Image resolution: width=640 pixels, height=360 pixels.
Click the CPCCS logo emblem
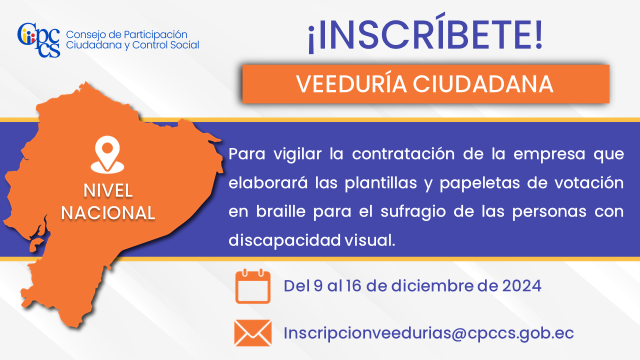[x=38, y=39]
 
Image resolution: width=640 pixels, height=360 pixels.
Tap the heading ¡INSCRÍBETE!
[x=425, y=33]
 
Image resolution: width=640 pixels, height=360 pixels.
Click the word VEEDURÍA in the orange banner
[x=351, y=84]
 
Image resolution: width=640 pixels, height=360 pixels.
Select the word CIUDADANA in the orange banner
[x=483, y=84]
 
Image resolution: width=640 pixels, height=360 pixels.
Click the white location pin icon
[x=107, y=154]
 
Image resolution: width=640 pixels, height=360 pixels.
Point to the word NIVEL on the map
[x=108, y=190]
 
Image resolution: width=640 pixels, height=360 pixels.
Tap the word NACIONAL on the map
[x=108, y=213]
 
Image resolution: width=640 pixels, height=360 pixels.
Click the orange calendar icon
[x=253, y=286]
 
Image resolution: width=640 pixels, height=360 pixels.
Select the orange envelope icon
[x=253, y=333]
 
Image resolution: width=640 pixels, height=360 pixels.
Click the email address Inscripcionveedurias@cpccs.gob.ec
[x=428, y=333]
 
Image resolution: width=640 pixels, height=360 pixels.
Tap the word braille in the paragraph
[x=280, y=211]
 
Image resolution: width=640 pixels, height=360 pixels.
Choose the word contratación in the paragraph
[x=403, y=154]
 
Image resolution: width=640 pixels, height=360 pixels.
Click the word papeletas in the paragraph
[x=479, y=183]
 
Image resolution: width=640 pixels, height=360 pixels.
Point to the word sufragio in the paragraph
[x=413, y=212]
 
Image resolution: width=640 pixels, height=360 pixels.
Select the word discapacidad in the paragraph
[x=284, y=240]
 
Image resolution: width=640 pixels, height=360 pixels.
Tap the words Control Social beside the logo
[x=165, y=45]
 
